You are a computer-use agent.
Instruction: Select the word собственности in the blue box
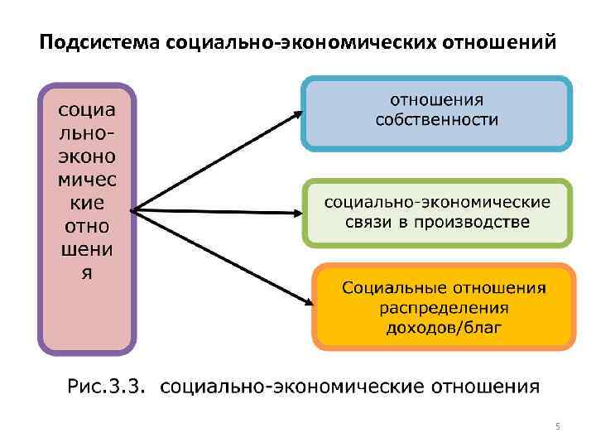437,121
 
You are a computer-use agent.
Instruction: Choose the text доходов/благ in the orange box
444,328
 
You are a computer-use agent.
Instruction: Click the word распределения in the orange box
444,308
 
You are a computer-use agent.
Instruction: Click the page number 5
557,426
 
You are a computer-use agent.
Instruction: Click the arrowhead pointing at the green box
298,213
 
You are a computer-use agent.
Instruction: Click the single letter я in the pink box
87,273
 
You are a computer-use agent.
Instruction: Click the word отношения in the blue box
437,100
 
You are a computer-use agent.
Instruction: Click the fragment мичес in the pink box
87,180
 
